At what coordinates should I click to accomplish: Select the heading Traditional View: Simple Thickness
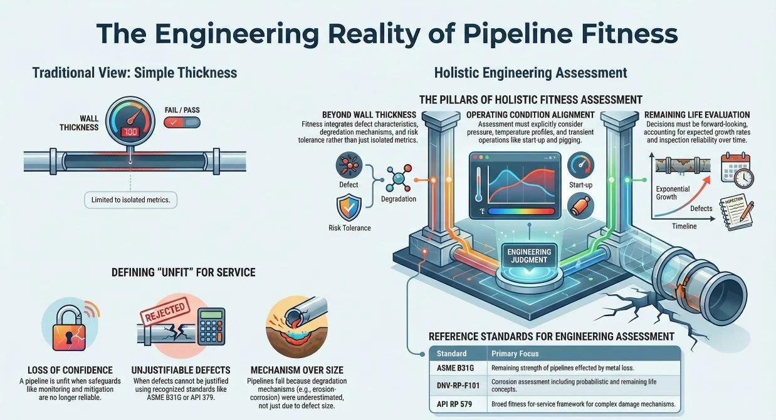(135, 73)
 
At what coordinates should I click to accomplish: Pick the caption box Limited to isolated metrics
(130, 200)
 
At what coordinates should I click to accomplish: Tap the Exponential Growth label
(673, 193)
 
